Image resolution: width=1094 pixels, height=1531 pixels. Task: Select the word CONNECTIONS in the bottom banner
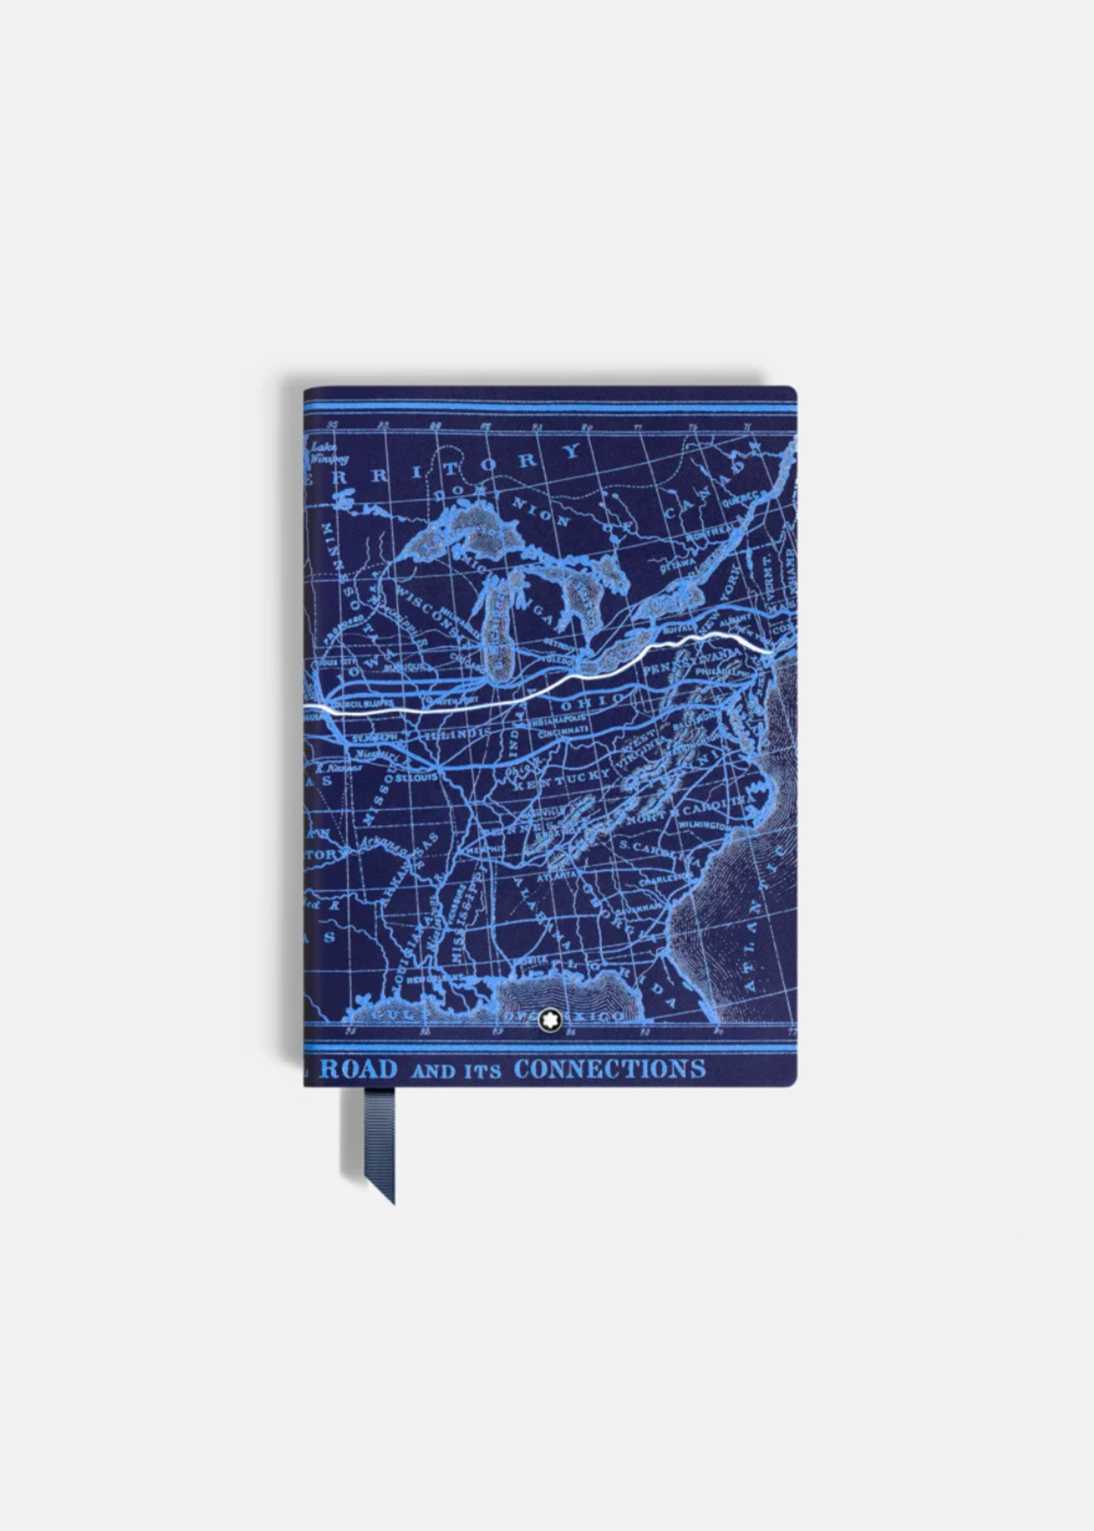pos(610,1068)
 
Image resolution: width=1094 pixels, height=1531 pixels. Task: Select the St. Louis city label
pos(417,777)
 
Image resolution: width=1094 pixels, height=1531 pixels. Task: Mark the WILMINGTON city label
pos(705,824)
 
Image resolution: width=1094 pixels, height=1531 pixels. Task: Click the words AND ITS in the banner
pos(456,1070)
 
